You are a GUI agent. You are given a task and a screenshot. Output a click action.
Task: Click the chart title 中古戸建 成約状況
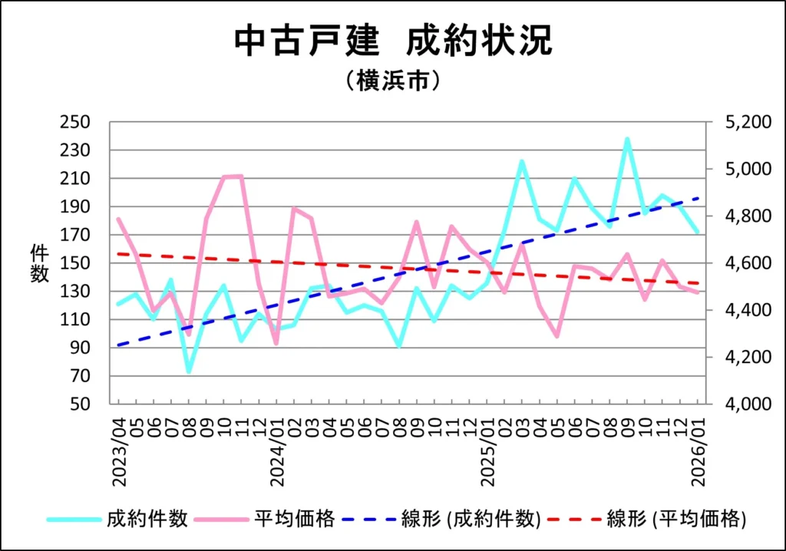point(392,41)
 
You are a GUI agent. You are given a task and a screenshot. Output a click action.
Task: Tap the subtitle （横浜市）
point(392,81)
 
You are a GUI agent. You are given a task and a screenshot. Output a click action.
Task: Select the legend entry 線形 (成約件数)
point(471,519)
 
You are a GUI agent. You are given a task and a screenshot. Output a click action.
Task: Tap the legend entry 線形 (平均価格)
point(676,519)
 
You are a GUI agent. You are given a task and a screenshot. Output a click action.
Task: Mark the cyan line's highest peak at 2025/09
point(627,140)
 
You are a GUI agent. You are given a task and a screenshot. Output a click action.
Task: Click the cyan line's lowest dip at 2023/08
point(188,371)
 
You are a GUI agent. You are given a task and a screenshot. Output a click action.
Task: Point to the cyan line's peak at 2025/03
point(522,161)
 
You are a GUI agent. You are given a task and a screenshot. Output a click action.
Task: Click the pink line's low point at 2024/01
point(276,343)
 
